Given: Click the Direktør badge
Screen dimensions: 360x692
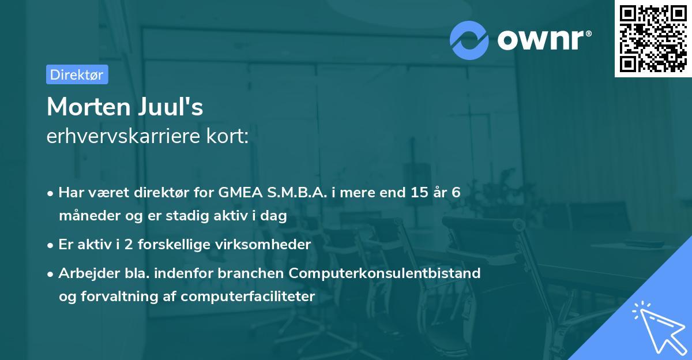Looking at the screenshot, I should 77,74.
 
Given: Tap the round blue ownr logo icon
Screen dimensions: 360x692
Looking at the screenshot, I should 469,40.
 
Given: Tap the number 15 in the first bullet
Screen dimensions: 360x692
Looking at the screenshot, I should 417,193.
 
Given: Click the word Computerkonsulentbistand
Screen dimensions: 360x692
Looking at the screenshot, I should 385,273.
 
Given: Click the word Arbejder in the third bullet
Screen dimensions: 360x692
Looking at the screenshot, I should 84,273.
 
